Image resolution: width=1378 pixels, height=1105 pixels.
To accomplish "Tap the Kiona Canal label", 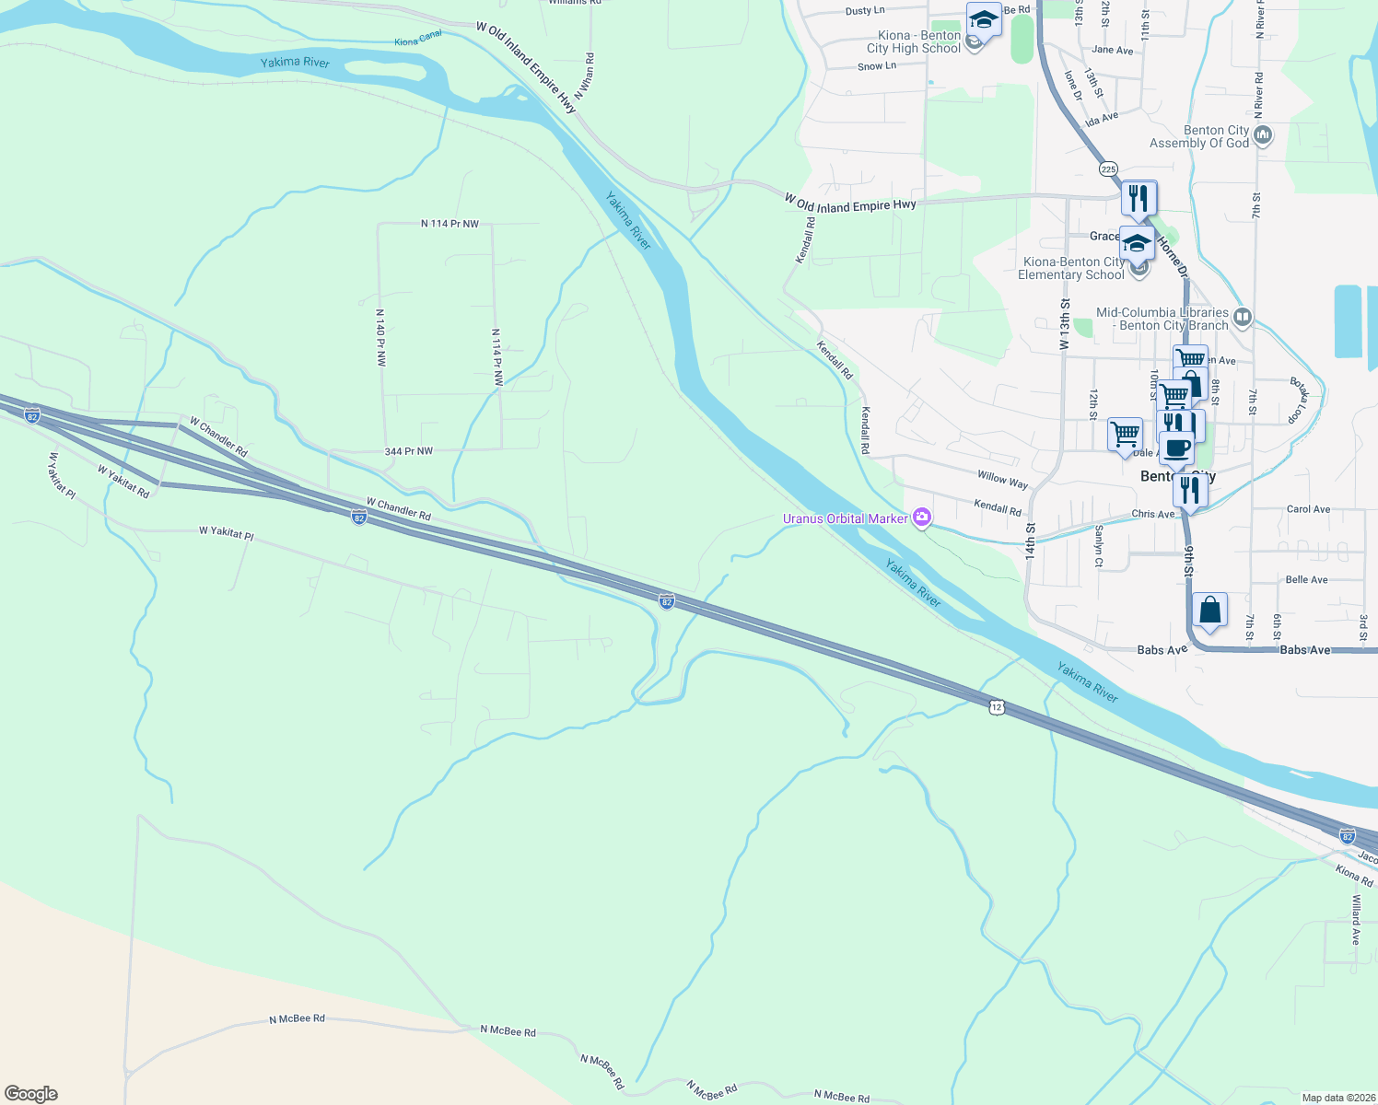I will (418, 39).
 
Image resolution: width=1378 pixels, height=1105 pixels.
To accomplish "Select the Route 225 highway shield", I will (1108, 169).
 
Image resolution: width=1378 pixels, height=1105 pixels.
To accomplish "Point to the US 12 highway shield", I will (997, 707).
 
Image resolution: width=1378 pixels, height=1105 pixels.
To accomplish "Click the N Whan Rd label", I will (584, 76).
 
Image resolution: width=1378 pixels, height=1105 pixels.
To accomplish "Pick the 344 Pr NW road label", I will (408, 451).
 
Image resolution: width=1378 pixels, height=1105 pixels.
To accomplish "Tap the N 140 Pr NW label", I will (380, 338).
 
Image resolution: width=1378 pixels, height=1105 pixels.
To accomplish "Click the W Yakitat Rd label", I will (123, 482).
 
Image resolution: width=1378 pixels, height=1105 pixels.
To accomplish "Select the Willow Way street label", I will (1002, 479).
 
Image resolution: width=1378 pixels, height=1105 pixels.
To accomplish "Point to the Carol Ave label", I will (1308, 509).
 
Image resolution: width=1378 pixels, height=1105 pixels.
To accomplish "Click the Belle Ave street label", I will (1306, 580).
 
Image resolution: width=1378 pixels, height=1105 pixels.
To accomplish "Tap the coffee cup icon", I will (1175, 448).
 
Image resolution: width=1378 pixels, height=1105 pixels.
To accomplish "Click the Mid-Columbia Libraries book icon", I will (1243, 318).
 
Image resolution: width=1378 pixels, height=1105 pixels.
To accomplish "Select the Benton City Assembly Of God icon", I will (1263, 136).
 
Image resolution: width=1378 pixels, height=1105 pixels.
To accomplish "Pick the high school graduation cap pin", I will (984, 19).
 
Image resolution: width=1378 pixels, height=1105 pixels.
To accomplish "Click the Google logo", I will (30, 1093).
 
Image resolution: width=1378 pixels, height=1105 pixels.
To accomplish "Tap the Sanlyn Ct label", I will (1099, 546).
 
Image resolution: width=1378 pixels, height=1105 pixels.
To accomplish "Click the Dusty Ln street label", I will (864, 11).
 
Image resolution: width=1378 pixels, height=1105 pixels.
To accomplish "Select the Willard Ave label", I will (1355, 920).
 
